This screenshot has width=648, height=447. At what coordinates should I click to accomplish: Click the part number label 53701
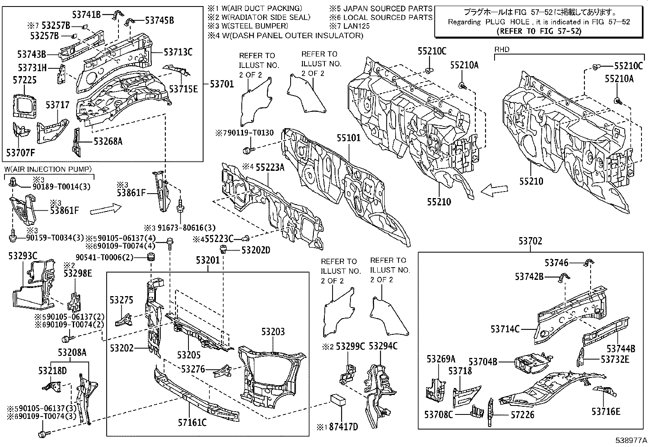222,84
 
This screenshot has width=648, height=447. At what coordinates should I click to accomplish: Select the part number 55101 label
348,138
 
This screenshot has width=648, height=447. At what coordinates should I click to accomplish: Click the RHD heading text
501,50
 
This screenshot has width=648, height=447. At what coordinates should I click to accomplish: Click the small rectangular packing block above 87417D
339,399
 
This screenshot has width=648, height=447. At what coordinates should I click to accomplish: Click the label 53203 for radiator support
273,331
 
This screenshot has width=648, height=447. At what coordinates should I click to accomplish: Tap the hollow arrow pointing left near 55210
494,190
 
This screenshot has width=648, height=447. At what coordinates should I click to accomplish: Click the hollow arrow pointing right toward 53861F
105,209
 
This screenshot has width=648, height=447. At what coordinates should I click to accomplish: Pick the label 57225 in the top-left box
24,80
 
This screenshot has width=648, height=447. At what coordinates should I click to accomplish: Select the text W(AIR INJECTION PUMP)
48,169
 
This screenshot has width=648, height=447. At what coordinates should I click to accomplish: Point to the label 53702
530,241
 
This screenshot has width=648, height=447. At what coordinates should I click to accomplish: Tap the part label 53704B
483,361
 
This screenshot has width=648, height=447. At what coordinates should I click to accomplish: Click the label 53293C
23,256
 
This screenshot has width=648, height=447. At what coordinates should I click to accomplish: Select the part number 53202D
256,250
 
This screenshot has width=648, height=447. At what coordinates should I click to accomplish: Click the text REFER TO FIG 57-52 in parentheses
540,31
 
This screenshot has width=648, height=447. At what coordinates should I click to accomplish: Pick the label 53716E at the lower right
606,411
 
